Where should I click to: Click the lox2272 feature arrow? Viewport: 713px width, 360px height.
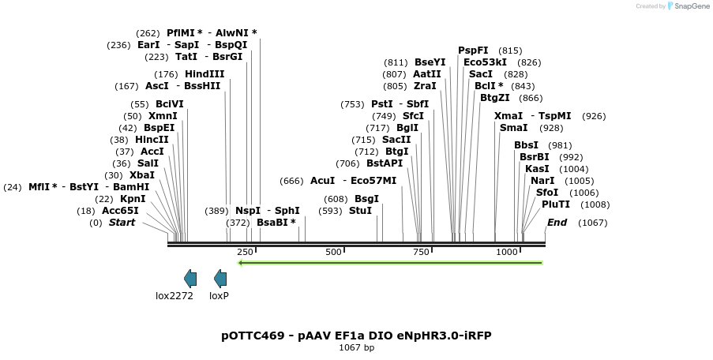pos(190,278)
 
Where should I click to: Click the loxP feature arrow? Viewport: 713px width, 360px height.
pos(220,278)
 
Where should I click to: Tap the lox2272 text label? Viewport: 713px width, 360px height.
pos(174,296)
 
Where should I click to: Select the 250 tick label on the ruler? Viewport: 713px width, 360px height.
pos(245,252)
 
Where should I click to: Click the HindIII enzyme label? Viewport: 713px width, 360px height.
pos(205,74)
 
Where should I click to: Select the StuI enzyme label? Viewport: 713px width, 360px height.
pos(360,211)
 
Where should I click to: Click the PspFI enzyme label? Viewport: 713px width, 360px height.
pos(473,51)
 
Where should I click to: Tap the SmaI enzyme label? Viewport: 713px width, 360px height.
pos(513,128)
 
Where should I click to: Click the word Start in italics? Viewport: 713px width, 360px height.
pos(122,223)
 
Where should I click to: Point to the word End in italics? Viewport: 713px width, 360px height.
pos(557,223)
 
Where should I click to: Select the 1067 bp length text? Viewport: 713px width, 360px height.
pos(356,347)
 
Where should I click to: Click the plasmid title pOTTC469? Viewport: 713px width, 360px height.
pos(253,336)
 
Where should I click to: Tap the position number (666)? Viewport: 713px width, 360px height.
pos(291,181)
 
